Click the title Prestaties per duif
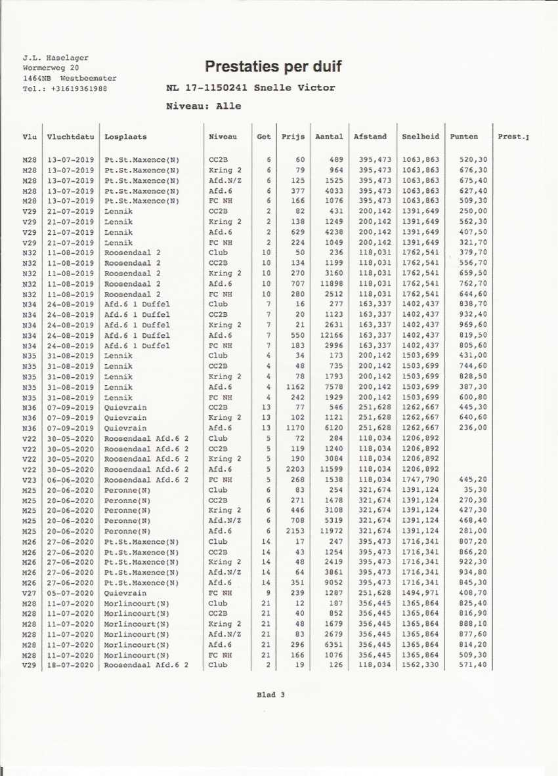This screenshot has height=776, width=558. pyautogui.click(x=273, y=66)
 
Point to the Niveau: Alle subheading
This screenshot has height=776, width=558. pyautogui.click(x=204, y=106)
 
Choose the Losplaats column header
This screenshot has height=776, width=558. pyautogui.click(x=125, y=137)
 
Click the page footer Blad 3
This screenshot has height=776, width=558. pyautogui.click(x=270, y=695)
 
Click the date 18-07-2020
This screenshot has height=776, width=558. pyautogui.click(x=70, y=665)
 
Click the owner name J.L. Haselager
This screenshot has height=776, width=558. pyautogui.click(x=55, y=58)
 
